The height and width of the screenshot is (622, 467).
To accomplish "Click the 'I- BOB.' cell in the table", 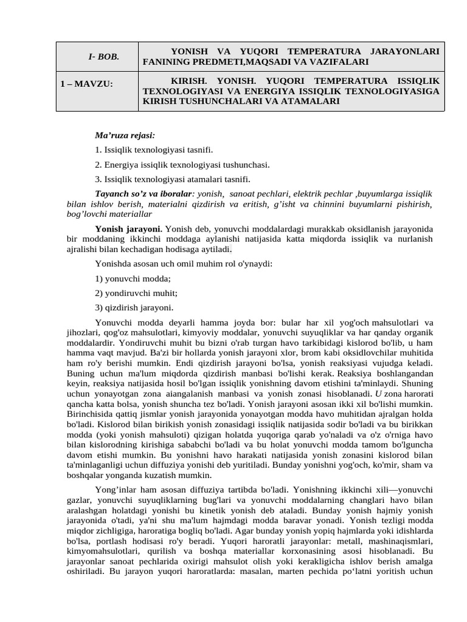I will (103, 56).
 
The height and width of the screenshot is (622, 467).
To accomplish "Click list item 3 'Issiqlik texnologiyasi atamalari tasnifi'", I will (173, 179).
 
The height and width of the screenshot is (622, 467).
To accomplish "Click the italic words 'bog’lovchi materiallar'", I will (109, 214).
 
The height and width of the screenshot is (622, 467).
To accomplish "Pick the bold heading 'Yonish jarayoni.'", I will (128, 229).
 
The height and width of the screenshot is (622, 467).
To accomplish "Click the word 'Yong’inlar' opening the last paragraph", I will (116, 490).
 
